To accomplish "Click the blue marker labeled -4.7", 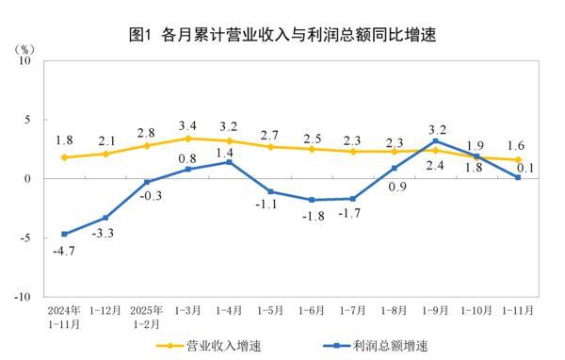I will pos(64,234).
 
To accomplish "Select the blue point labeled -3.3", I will pos(105,218).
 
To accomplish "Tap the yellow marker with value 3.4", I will pos(187,139).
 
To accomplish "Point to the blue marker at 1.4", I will pos(229,162).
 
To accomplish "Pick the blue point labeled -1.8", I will pos(312,200).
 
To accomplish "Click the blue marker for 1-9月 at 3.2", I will pos(435,141).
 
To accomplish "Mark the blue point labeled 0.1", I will pos(517,177).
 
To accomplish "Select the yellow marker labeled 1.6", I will pos(517,159).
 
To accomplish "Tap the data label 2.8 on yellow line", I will pos(146,132).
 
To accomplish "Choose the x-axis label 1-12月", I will pos(105,308).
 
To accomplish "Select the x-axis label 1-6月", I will pos(312,308).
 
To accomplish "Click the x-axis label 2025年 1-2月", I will pos(146,314).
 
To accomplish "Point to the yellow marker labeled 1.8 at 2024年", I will pos(64,157).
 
